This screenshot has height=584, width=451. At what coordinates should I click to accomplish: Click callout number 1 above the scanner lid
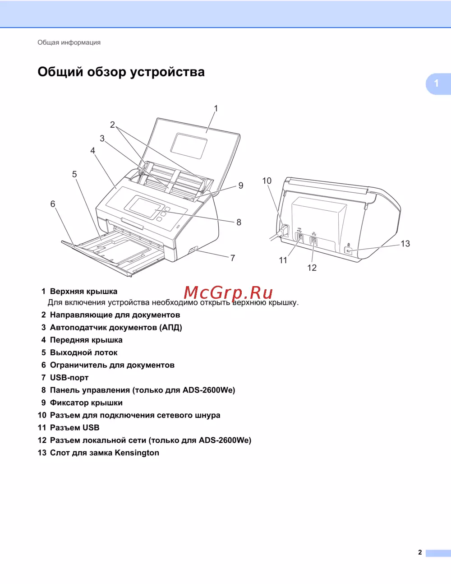coord(216,109)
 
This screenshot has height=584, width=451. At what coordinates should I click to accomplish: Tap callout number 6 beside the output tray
coord(53,204)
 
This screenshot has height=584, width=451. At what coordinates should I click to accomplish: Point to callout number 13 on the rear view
coord(405,244)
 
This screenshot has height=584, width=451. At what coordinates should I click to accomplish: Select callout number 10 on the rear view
coord(267,181)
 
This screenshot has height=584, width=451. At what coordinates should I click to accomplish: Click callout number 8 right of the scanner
coord(239,222)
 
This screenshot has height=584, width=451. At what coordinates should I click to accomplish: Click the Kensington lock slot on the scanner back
coord(349,251)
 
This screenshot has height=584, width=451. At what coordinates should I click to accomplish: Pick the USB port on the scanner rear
coord(299,238)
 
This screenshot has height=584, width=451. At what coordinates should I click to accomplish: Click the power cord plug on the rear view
coord(283,231)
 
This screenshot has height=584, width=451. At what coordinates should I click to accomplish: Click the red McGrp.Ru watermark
coord(228,292)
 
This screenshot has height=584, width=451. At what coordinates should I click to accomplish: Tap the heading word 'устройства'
coord(167,72)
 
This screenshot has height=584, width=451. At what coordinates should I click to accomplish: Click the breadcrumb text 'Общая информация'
coord(69,42)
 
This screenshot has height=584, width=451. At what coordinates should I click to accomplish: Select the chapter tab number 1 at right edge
coord(436,83)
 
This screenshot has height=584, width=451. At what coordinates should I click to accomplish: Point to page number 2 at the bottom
coord(420,552)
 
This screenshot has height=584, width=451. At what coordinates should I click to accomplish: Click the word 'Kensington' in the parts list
coord(137,453)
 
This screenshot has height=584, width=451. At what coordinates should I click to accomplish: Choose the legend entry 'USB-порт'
coord(69,378)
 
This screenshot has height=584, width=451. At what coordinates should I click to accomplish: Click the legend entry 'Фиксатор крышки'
coord(86,403)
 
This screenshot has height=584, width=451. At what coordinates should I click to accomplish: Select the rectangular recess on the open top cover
coord(189,146)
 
